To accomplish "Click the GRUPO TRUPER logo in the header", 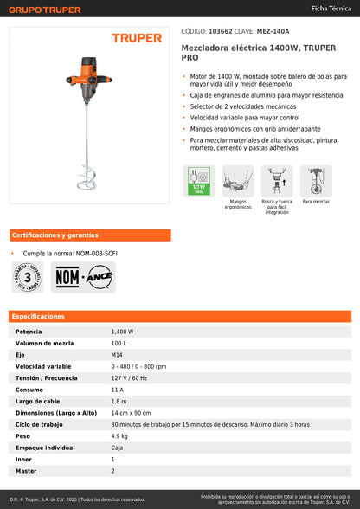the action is [45, 10].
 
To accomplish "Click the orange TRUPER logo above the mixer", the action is [136, 38].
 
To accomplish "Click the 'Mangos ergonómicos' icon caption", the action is [238, 205].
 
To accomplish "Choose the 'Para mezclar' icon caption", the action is [316, 201].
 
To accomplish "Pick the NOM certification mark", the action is [67, 277].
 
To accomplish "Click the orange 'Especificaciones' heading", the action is [38, 317].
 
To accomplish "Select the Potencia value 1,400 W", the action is [122, 332].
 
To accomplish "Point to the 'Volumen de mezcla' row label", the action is [44, 343].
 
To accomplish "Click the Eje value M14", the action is [117, 355].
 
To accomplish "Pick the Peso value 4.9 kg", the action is [120, 436].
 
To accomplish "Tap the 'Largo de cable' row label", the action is [38, 402].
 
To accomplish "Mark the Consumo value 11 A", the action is [118, 390].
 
